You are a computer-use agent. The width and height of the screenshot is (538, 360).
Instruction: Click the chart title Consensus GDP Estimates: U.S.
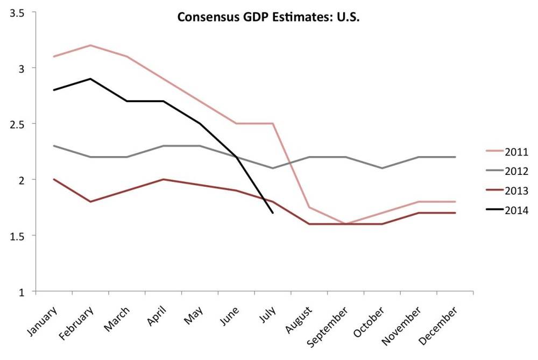point(268,17)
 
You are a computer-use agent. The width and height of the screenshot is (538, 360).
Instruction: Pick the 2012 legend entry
point(516,171)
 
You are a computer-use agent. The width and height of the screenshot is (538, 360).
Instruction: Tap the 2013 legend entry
point(516,190)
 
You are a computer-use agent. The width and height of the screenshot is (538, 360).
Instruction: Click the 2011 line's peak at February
point(90,45)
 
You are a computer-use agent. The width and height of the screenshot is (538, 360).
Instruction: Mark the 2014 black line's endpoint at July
point(273,213)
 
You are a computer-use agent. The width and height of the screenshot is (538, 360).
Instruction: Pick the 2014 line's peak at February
point(90,79)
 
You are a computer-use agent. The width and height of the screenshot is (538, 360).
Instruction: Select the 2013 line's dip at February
point(90,202)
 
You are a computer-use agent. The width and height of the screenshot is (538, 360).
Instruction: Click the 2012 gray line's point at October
point(382,168)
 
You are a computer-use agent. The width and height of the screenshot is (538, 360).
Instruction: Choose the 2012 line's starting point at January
point(54,146)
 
